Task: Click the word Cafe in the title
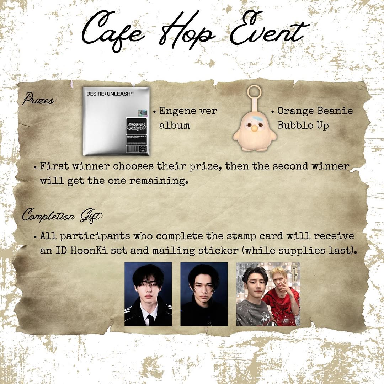pyautogui.click(x=113, y=31)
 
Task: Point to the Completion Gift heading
pyautogui.click(x=63, y=215)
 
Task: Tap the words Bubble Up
pyautogui.click(x=303, y=126)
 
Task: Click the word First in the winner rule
pyautogui.click(x=54, y=166)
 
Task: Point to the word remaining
pyautogui.click(x=159, y=181)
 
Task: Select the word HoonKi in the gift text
pyautogui.click(x=89, y=250)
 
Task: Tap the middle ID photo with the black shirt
pyautogui.click(x=204, y=294)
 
